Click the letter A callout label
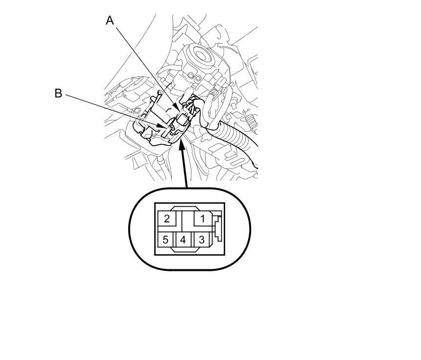click(x=110, y=21)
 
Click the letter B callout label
click(x=58, y=93)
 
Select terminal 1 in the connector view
click(x=202, y=218)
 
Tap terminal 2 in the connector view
click(x=167, y=218)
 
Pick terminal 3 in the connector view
click(x=202, y=240)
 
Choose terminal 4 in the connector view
click(x=183, y=240)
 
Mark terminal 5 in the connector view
click(x=166, y=240)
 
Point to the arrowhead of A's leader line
click(x=177, y=109)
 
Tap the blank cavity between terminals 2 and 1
click(x=185, y=218)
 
